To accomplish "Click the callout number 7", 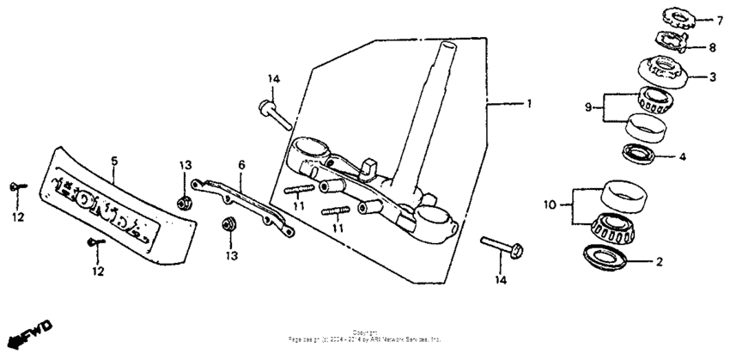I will [x=710, y=19].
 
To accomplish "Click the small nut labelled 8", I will [x=671, y=40].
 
